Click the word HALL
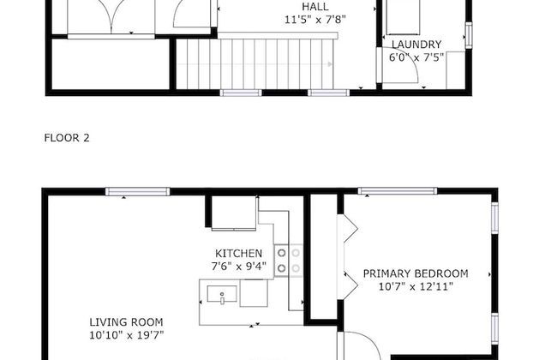314,6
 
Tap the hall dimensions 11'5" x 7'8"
315,18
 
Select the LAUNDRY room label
416,45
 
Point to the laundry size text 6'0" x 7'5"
416,57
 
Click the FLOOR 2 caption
66,137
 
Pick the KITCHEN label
238,253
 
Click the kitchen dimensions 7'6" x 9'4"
238,266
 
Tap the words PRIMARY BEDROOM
416,273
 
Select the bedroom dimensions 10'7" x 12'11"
416,286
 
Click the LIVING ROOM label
126,322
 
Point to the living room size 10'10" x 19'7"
126,335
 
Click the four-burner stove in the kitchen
289,260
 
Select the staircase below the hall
255,63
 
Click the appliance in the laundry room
402,17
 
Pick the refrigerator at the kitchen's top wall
233,214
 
